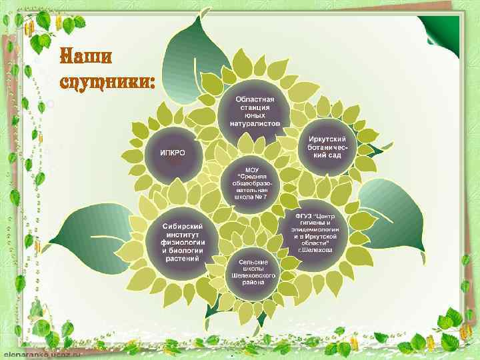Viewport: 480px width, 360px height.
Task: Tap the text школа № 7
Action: click(x=252, y=197)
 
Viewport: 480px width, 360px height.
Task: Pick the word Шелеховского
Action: click(x=253, y=275)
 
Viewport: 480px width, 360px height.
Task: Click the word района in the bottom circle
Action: click(x=253, y=282)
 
